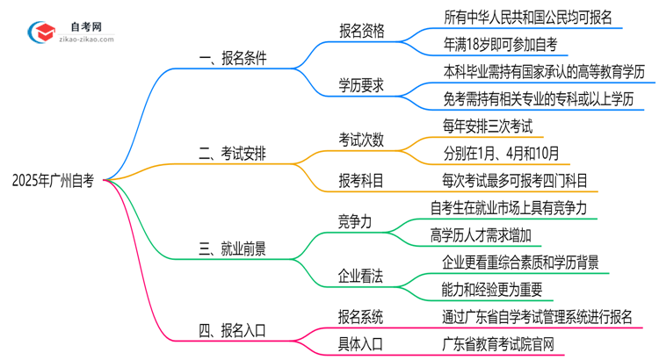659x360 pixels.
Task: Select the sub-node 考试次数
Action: pyautogui.click(x=362, y=139)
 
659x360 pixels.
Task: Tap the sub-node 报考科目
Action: pyautogui.click(x=362, y=181)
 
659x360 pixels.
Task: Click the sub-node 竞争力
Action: pyautogui.click(x=355, y=221)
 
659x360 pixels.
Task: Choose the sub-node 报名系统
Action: pyautogui.click(x=362, y=317)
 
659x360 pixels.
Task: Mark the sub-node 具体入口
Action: pyautogui.click(x=362, y=343)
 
